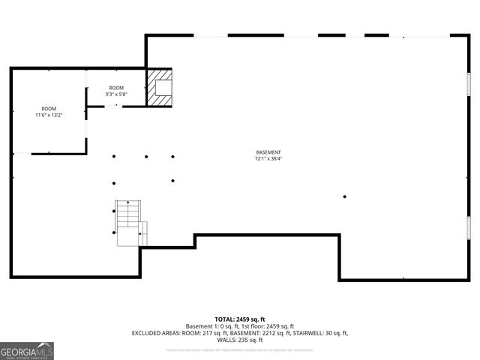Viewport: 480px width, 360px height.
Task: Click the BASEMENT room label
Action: click(x=268, y=152)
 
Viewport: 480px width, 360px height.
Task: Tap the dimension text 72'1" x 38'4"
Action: click(x=268, y=158)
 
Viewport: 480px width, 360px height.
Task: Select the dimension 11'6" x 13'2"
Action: click(x=49, y=115)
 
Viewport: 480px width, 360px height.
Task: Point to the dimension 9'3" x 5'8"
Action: click(x=116, y=94)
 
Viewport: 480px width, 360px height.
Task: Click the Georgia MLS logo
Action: click(x=27, y=351)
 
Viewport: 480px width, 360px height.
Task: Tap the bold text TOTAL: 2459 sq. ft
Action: click(x=240, y=319)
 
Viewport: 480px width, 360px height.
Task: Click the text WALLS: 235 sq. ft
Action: click(x=240, y=340)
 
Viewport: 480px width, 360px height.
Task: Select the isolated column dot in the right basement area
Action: click(x=345, y=196)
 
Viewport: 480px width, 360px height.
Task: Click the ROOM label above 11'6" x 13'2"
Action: click(x=49, y=109)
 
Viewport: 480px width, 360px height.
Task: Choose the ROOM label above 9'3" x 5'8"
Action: click(x=116, y=88)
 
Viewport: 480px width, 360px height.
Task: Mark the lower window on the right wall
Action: click(x=469, y=226)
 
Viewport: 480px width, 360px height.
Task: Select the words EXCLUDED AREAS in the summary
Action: click(x=154, y=333)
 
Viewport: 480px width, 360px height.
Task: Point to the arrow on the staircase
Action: click(x=128, y=204)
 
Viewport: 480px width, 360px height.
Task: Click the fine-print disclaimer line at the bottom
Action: click(x=240, y=349)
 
